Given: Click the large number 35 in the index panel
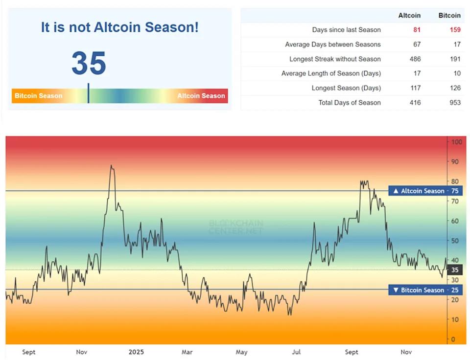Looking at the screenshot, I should (89, 63).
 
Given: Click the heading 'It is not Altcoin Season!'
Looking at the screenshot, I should (119, 27).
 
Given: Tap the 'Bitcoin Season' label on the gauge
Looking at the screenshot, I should (38, 96).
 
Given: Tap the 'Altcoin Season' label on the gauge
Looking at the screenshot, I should (201, 96).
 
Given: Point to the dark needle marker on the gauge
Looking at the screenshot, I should (88, 93).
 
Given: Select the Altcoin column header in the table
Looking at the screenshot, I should (409, 15).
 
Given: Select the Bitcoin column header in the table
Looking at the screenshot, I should (449, 15).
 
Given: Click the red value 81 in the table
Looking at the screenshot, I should (417, 30).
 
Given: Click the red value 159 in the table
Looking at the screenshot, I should (455, 30).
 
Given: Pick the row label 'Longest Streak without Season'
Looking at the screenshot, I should (335, 59).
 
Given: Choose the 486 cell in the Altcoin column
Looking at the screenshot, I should (415, 59).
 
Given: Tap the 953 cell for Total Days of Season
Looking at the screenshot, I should (455, 103).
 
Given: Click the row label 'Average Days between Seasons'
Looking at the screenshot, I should (332, 45).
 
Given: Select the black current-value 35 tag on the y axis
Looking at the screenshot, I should (455, 270).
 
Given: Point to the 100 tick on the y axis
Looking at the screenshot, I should (456, 142).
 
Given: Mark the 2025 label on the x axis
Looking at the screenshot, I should (136, 352).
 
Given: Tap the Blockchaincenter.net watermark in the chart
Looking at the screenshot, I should (235, 227).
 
